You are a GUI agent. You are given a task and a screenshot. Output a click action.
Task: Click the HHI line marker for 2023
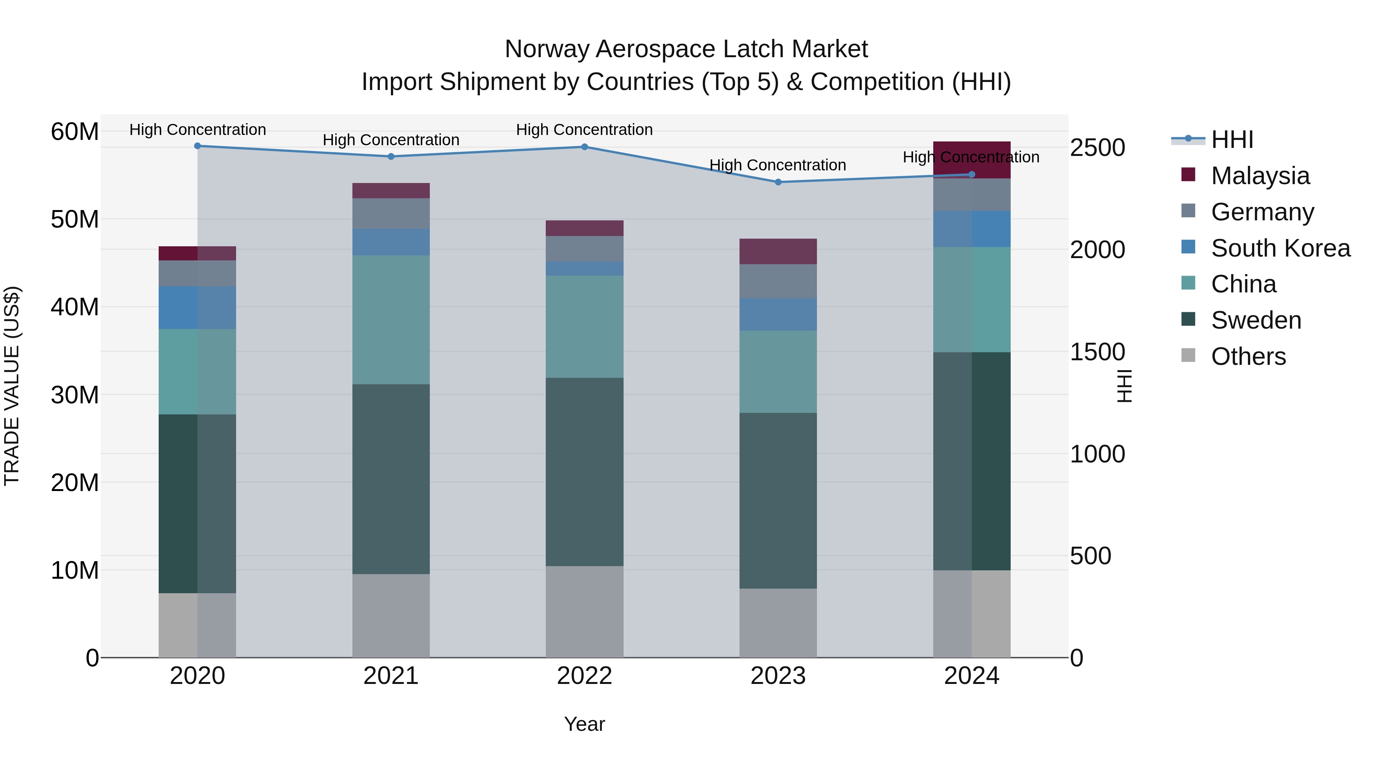coord(778,182)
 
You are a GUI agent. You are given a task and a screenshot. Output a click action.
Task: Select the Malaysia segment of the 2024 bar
coord(972,159)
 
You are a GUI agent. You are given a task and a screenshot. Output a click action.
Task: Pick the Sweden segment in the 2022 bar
coord(584,472)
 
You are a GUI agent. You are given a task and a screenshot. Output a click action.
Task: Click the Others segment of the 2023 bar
coord(778,623)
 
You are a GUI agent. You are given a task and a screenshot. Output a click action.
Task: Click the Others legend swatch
coord(1188,355)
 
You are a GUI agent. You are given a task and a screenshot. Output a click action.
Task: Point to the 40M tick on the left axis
coord(75,307)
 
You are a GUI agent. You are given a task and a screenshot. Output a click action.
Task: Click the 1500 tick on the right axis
coord(1097,352)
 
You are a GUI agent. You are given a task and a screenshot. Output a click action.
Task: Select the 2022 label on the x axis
coord(584,676)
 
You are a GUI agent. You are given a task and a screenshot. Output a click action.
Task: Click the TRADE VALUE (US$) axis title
coord(12,386)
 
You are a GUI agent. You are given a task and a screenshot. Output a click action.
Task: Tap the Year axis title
coord(584,724)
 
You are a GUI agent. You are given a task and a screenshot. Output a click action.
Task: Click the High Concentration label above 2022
coord(584,130)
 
